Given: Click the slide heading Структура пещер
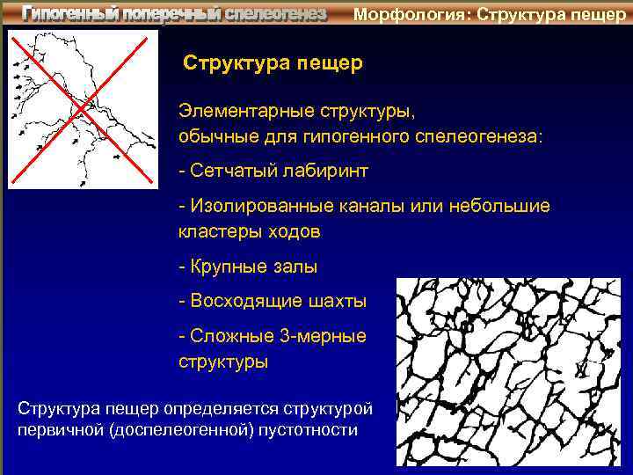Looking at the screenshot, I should pos(272,64).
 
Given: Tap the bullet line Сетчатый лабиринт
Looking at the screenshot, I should pos(273,169).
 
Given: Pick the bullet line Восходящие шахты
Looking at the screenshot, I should pos(273,302).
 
